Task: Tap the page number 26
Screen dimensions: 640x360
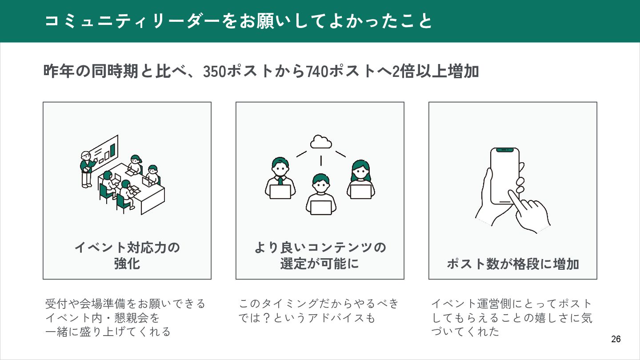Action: click(616, 339)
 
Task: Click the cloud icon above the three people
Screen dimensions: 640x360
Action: click(320, 142)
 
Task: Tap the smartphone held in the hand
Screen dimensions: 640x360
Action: click(504, 176)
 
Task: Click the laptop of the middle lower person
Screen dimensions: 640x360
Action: click(320, 208)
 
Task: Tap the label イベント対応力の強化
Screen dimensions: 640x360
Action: click(127, 255)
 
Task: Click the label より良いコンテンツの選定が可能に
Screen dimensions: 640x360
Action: click(320, 255)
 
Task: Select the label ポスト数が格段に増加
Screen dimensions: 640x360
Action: click(513, 264)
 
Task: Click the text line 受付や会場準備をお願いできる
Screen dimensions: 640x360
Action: click(126, 304)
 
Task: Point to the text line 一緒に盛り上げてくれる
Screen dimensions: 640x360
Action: click(108, 332)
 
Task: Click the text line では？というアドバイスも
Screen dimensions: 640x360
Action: click(307, 318)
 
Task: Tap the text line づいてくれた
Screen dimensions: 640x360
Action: click(465, 332)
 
